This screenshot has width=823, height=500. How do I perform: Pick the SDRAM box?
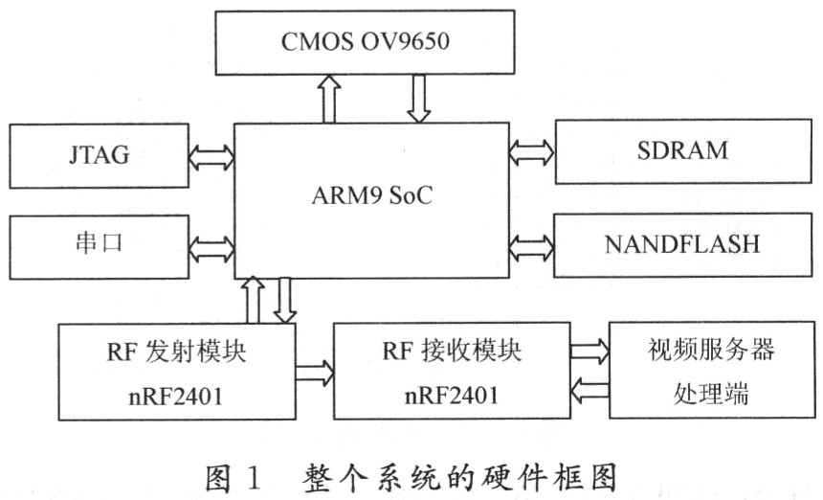(x=682, y=150)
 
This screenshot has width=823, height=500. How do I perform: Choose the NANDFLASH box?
(x=682, y=244)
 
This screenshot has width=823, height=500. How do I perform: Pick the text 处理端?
(x=708, y=393)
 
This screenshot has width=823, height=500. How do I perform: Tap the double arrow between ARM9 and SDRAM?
(x=531, y=150)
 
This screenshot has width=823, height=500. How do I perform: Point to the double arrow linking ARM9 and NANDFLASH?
(x=531, y=245)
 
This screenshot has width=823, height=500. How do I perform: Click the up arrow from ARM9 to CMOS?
(x=330, y=99)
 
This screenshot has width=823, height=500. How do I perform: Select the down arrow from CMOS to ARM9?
(x=417, y=99)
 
